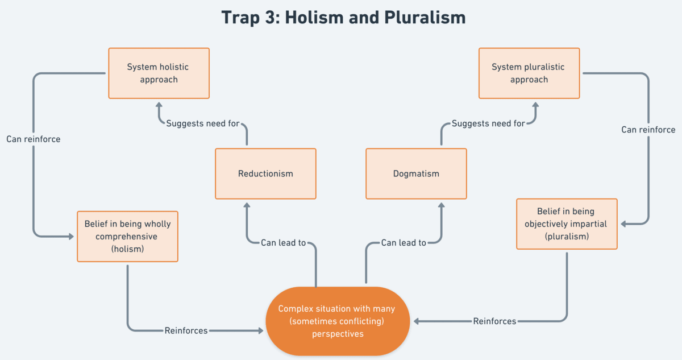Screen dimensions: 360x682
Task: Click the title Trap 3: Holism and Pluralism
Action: (x=343, y=18)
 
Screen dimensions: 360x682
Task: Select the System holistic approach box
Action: (x=159, y=73)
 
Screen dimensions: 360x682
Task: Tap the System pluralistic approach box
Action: (x=529, y=73)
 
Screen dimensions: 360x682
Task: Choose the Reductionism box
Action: (x=265, y=173)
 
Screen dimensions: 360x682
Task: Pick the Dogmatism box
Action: (x=416, y=173)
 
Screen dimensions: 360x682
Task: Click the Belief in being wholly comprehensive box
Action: (x=127, y=237)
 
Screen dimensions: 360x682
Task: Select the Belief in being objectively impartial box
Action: (x=567, y=224)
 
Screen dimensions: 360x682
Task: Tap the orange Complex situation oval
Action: (x=338, y=321)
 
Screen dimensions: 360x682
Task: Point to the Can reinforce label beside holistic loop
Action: (x=34, y=139)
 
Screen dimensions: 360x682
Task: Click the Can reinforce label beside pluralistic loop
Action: (x=648, y=130)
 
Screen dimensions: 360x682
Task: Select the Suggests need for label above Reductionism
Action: (x=203, y=123)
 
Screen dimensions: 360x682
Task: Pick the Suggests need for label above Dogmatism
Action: (x=488, y=123)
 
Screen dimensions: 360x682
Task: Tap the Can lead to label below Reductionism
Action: (x=283, y=243)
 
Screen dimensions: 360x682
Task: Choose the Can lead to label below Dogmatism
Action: (x=404, y=243)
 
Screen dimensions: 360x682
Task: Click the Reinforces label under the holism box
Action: (x=186, y=330)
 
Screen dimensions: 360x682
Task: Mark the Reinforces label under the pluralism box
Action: (x=494, y=321)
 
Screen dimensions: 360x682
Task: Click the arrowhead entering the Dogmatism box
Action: (x=441, y=204)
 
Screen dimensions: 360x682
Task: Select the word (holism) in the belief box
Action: (x=127, y=249)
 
